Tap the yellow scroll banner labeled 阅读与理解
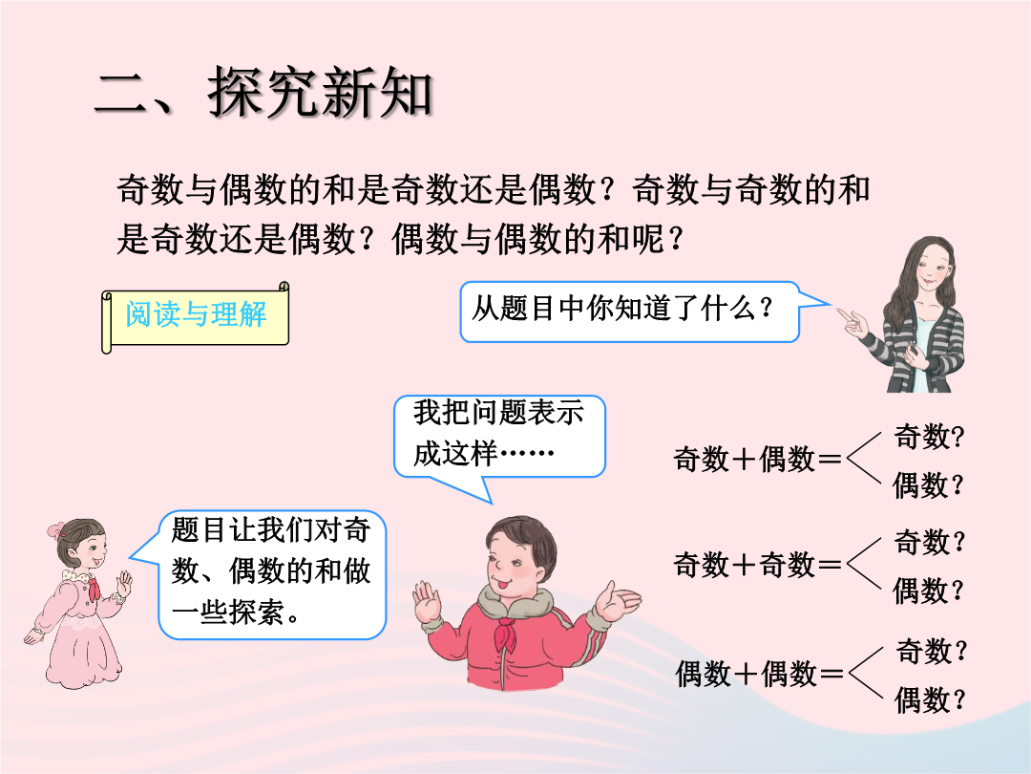tap(196, 316)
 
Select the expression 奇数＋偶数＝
tap(757, 459)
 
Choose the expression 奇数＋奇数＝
tap(757, 565)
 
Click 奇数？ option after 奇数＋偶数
tap(929, 437)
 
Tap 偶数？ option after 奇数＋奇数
tap(929, 591)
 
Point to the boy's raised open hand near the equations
tap(617, 601)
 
